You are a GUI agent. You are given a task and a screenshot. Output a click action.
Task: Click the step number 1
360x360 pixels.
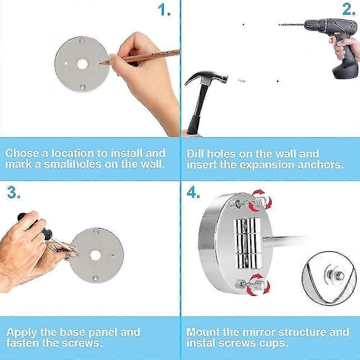(x=164, y=10)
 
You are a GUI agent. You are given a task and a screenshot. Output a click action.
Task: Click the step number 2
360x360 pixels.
(x=349, y=10)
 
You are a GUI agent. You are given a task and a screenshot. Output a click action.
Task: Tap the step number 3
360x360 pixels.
(x=14, y=192)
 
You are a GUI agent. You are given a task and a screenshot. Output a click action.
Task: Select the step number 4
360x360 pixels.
(x=193, y=192)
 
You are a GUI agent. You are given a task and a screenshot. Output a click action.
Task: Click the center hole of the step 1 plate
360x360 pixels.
(x=82, y=64)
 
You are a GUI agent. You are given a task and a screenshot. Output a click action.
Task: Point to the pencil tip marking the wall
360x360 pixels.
(x=101, y=64)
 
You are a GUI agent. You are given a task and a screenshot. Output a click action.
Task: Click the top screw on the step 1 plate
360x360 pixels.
(x=82, y=41)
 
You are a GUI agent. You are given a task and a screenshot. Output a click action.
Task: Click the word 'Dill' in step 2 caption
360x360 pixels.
(x=195, y=154)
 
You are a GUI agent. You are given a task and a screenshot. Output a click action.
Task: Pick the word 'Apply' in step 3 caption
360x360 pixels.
(x=22, y=332)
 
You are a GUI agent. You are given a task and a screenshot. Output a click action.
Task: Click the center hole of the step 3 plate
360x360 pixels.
(x=95, y=256)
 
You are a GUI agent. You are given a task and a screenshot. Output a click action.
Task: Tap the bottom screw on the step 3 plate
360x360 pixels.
(x=95, y=278)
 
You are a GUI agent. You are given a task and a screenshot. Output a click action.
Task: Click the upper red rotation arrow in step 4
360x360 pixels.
(x=261, y=200)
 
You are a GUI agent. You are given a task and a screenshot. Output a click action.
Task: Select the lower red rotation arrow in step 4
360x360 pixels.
(x=258, y=284)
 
